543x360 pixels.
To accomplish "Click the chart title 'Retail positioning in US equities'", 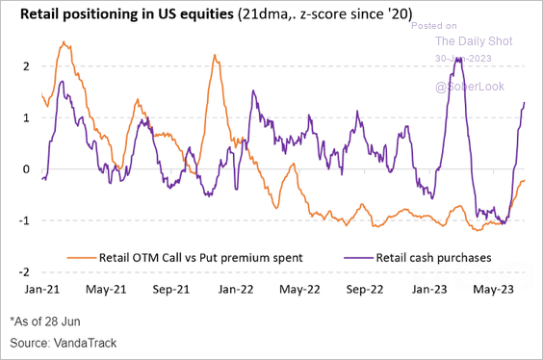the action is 127,14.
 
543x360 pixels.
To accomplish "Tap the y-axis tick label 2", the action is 26,66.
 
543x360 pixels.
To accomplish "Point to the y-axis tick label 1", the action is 26,117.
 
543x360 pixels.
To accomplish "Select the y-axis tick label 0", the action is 26,169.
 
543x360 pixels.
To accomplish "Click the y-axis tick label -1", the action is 24,220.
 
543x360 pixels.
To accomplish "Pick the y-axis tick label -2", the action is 24,272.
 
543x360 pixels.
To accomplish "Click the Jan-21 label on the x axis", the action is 42,290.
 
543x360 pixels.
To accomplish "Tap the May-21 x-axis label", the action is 106,290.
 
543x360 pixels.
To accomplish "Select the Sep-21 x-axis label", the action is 171,290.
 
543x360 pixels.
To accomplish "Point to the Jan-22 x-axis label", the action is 236,290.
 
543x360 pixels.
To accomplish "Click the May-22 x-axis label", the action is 299,290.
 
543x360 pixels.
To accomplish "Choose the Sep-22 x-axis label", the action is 365,290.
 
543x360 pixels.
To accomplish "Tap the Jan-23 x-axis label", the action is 429,290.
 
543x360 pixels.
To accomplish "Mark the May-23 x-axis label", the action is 494,290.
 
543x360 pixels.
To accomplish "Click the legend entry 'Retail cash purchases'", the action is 418,258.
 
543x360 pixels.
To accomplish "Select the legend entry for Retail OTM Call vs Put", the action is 185,258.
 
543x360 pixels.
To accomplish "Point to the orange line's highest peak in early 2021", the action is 64,42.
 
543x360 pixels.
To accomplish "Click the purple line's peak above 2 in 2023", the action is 458,59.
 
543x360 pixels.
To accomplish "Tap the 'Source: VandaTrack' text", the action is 64,343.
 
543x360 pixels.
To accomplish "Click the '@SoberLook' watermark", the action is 470,87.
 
